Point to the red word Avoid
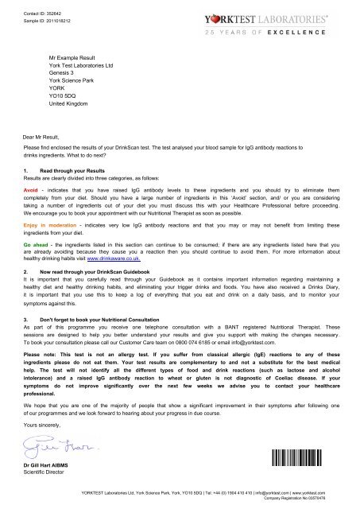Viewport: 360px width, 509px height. click(x=33, y=192)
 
